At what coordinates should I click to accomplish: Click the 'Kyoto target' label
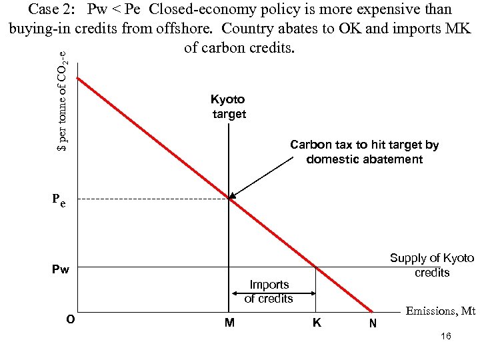(229, 107)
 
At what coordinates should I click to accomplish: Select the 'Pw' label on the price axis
(61, 269)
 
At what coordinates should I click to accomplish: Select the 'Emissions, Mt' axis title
(440, 311)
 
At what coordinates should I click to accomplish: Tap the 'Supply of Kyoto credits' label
(431, 265)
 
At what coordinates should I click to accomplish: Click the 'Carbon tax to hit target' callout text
(364, 152)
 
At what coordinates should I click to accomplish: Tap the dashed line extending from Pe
(153, 199)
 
